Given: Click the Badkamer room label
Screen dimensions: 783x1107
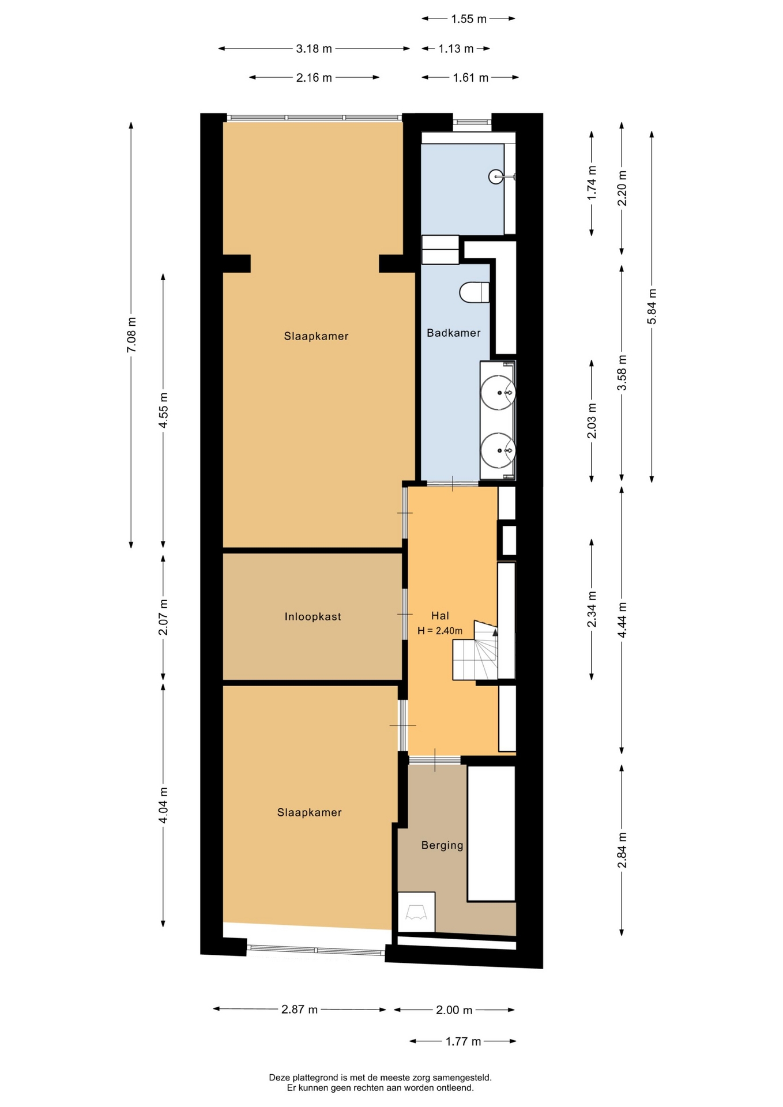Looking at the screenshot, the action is click(x=453, y=333).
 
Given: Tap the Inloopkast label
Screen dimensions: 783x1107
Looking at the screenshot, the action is click(x=313, y=616).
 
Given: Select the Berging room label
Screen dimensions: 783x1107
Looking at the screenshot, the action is click(x=442, y=845).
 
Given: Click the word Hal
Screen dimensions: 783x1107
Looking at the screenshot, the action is click(x=440, y=616).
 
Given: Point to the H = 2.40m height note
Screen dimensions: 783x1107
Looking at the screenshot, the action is click(x=440, y=631).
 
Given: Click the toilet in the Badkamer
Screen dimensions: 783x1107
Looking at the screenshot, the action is click(x=475, y=292).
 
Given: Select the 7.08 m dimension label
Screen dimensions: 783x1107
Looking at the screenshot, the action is click(x=131, y=335).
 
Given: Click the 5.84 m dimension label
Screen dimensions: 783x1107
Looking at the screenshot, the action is click(x=652, y=306).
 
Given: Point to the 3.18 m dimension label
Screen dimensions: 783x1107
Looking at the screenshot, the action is click(x=314, y=49).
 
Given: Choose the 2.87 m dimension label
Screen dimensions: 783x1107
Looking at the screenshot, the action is click(x=300, y=1010).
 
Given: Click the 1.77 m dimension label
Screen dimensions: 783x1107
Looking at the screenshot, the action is click(x=463, y=1041).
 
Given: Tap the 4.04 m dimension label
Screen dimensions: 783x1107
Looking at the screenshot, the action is click(x=163, y=805).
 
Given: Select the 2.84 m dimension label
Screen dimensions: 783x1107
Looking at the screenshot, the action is click(x=622, y=850).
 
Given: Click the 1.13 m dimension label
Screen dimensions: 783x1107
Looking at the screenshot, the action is click(x=456, y=49).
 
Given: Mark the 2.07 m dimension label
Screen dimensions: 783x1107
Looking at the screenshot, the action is click(x=163, y=617).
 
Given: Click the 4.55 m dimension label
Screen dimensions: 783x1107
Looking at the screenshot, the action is click(x=163, y=411).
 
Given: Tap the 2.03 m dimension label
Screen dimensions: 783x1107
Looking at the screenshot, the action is click(x=592, y=421).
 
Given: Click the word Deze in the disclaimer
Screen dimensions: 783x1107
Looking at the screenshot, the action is click(x=278, y=1077).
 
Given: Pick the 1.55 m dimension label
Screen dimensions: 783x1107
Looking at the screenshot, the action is click(x=469, y=19).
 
